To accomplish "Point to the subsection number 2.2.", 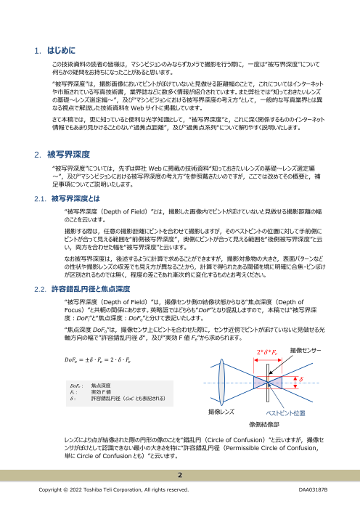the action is (41, 269).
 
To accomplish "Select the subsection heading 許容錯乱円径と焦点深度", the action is (94, 269).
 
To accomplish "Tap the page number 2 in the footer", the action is (179, 475).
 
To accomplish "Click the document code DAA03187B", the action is (313, 491).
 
